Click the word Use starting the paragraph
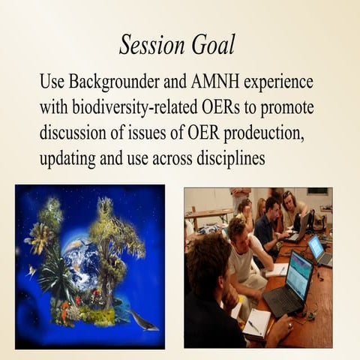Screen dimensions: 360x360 click(53, 81)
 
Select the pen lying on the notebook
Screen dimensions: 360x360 click(254, 326)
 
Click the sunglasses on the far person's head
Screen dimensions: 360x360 click(288, 196)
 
